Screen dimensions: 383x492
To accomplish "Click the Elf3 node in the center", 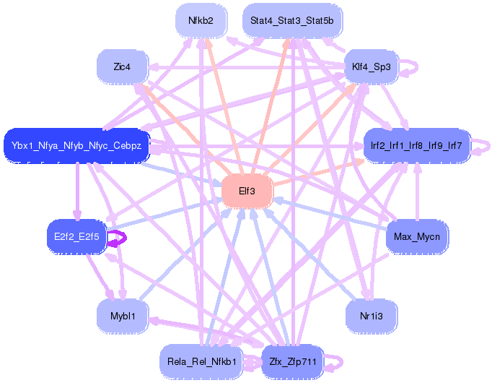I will click(x=245, y=192).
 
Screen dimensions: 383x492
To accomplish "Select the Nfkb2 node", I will click(x=201, y=21).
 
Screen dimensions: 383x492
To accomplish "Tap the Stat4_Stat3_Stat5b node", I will click(x=291, y=21).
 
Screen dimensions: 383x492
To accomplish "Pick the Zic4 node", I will click(x=122, y=67).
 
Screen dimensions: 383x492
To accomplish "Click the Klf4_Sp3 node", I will click(x=371, y=67).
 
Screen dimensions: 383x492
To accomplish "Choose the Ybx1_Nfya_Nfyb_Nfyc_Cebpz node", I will click(x=76, y=146).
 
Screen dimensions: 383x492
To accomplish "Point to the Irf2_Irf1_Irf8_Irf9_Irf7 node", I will click(x=416, y=146).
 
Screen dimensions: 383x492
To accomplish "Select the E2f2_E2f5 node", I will click(x=76, y=236).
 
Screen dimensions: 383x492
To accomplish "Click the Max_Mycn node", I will click(x=417, y=236).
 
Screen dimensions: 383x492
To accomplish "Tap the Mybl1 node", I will click(x=122, y=316).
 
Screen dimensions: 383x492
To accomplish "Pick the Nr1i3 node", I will click(x=371, y=316).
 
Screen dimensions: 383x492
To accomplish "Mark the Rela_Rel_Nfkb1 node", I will click(x=202, y=361).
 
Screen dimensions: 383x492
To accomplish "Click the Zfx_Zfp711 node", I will click(x=291, y=361).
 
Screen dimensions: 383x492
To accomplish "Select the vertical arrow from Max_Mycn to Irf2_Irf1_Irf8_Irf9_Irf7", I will click(x=416, y=191).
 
